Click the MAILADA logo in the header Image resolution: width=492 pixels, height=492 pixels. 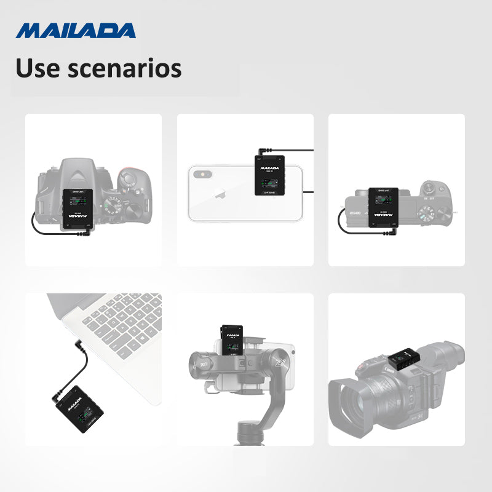(x=76, y=30)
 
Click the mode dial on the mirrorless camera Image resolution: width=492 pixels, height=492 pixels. (x=427, y=216)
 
